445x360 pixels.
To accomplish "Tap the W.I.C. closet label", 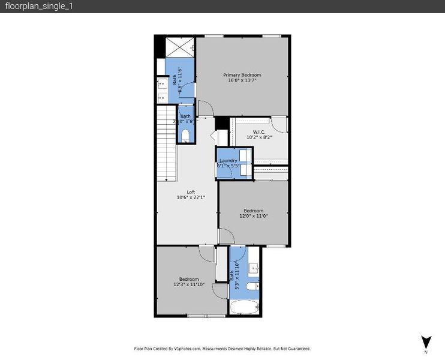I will [259, 131].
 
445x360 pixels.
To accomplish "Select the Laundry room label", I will [228, 160].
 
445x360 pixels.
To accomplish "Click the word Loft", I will [191, 192].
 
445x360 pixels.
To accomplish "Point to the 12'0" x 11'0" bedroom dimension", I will [254, 216].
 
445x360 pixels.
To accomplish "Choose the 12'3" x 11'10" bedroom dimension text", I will [189, 284].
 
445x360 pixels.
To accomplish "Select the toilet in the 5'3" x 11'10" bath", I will [252, 287].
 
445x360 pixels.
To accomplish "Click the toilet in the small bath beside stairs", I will [185, 135].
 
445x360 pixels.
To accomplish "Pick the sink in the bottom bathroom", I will [254, 268].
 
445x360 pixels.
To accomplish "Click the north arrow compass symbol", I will [426, 343].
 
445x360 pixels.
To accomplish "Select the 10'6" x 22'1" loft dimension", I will [191, 197].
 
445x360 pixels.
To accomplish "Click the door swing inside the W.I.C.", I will [278, 125].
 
